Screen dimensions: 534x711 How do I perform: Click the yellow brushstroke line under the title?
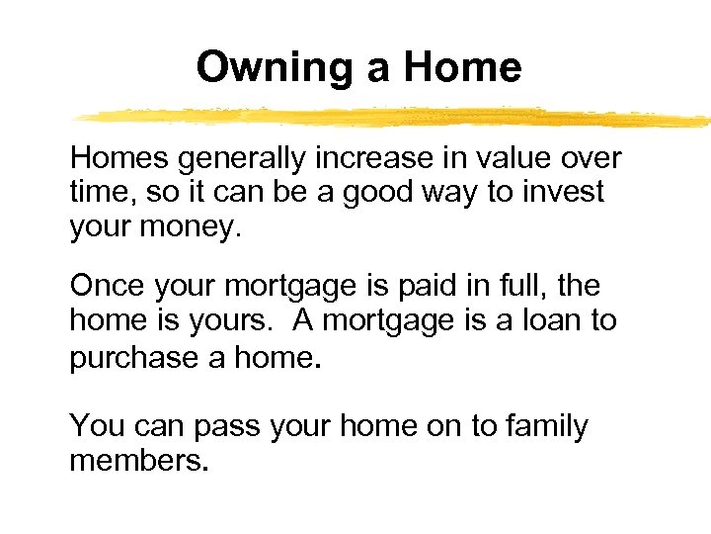395,117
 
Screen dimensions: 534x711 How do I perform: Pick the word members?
138,461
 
